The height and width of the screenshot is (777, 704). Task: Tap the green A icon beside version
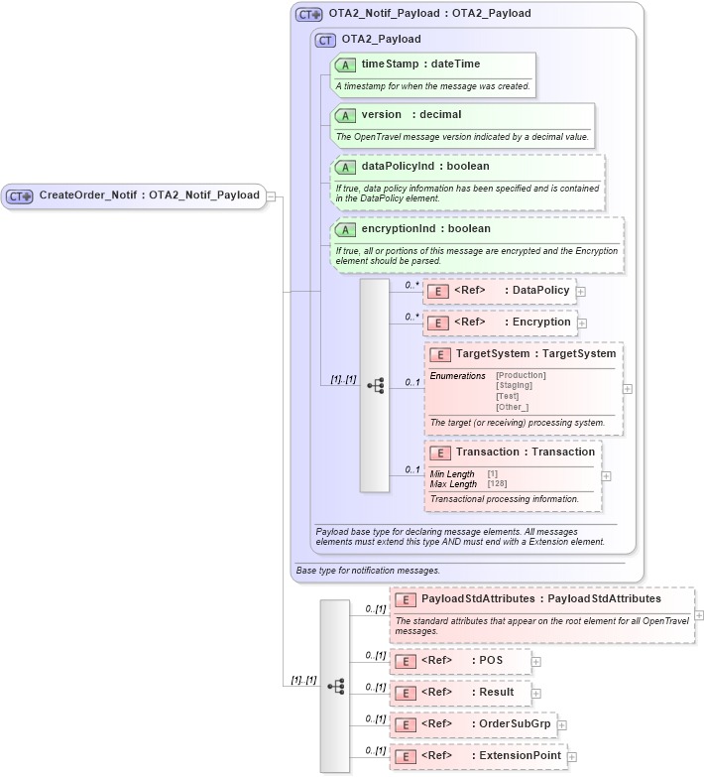[x=344, y=115]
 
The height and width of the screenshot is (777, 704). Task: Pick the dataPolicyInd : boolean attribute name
[x=425, y=167]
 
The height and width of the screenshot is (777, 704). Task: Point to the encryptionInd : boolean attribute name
[x=425, y=229]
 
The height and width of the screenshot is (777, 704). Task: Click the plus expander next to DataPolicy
[x=582, y=292]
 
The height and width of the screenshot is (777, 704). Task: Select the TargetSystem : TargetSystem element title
[x=535, y=354]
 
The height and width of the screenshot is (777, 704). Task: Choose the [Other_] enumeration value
[x=513, y=407]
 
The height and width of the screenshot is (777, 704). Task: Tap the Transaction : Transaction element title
[x=526, y=453]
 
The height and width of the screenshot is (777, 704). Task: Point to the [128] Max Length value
[x=497, y=484]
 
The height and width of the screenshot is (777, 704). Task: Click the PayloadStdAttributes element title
[x=540, y=599]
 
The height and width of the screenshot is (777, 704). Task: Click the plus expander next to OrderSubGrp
[x=562, y=725]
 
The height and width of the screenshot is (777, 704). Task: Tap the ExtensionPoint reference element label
[x=491, y=756]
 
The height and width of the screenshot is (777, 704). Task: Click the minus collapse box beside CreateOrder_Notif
[x=271, y=196]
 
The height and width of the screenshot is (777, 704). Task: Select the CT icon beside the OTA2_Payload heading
[x=324, y=40]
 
